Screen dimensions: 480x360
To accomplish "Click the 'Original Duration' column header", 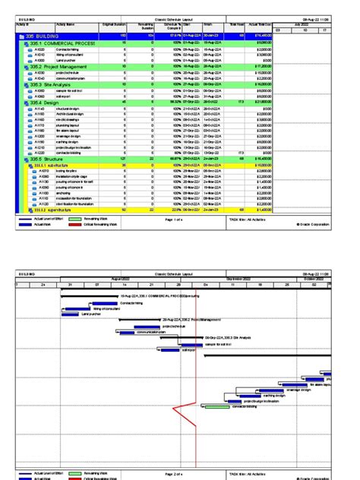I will click(x=113, y=25).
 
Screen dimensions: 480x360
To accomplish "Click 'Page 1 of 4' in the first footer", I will click(x=175, y=219).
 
